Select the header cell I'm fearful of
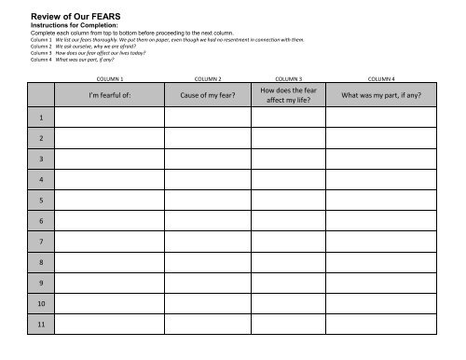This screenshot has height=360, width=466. pyautogui.click(x=110, y=95)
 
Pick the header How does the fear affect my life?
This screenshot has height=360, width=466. pyautogui.click(x=293, y=95)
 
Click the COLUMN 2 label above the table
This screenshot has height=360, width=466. pyautogui.click(x=206, y=79)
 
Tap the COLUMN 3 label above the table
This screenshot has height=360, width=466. pyautogui.click(x=293, y=79)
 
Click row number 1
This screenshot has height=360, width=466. pyautogui.click(x=41, y=118)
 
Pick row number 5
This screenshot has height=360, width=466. pyautogui.click(x=41, y=200)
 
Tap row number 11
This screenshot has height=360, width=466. pyautogui.click(x=41, y=323)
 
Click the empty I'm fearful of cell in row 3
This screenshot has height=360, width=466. pyautogui.click(x=110, y=159)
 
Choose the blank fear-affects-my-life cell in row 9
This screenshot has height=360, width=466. pyautogui.click(x=293, y=282)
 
